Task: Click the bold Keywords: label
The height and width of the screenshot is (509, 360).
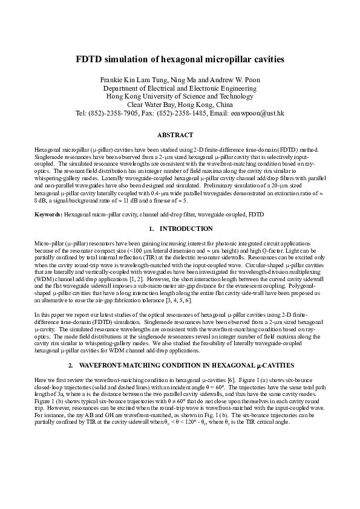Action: [x=48, y=215]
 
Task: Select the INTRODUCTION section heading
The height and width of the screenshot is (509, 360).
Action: [x=186, y=229]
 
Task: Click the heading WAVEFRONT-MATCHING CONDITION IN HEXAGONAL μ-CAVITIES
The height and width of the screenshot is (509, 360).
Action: [x=187, y=366]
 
